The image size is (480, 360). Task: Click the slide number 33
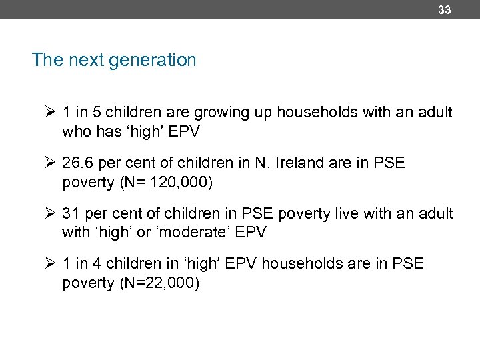444,10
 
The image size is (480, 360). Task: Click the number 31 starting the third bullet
71,214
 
